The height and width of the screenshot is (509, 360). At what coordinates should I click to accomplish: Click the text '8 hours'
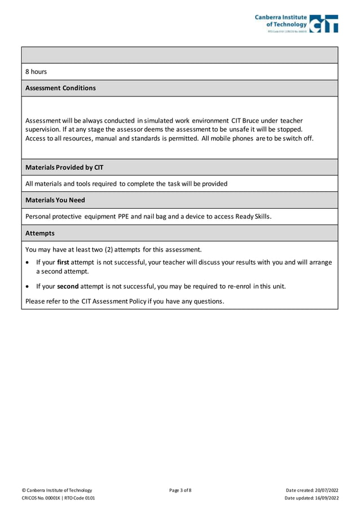click(36, 72)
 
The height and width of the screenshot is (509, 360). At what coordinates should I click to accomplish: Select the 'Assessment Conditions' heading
click(60, 88)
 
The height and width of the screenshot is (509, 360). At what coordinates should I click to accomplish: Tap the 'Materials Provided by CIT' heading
click(64, 168)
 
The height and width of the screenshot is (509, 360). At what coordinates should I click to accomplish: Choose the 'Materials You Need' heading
click(55, 200)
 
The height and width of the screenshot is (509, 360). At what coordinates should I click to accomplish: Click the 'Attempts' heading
click(40, 233)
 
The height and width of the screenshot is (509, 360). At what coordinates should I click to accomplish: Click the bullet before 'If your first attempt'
click(28, 263)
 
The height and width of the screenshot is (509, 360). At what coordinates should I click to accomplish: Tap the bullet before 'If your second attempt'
click(28, 287)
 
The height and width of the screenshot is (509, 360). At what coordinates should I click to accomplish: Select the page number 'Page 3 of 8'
click(180, 490)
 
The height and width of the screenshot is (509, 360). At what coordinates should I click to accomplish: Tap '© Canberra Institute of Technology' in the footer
click(56, 490)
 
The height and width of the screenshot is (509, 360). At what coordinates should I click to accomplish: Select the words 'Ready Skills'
click(253, 216)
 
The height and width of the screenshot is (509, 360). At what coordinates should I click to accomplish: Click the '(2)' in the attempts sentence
click(108, 249)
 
